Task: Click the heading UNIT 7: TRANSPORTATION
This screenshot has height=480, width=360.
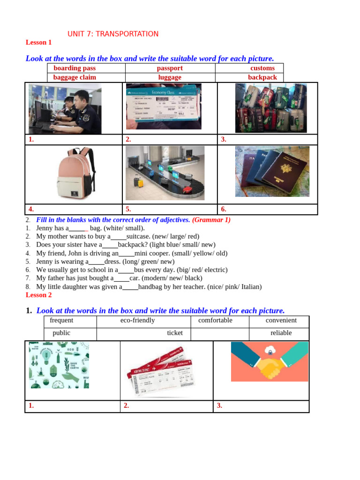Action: point(113,34)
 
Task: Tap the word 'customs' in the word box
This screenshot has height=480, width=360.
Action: point(262,68)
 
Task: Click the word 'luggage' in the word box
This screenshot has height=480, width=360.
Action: point(170,77)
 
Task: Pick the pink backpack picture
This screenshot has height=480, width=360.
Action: point(75,173)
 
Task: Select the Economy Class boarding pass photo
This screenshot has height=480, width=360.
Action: point(164,106)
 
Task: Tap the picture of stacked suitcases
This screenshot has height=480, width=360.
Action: point(271,108)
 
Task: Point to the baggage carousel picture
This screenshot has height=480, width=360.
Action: point(165,173)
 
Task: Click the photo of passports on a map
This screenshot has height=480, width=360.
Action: point(272,171)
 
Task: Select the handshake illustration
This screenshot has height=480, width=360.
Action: point(270,361)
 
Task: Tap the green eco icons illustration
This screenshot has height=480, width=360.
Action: point(59,365)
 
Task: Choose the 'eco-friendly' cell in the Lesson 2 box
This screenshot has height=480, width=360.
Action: point(137,321)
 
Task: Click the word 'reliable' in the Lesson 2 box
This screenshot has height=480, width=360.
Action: point(281,333)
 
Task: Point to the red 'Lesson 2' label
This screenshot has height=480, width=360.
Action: point(39,295)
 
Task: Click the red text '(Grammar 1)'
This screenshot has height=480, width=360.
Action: point(211,220)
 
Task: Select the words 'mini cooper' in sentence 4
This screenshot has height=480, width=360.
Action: point(151,253)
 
